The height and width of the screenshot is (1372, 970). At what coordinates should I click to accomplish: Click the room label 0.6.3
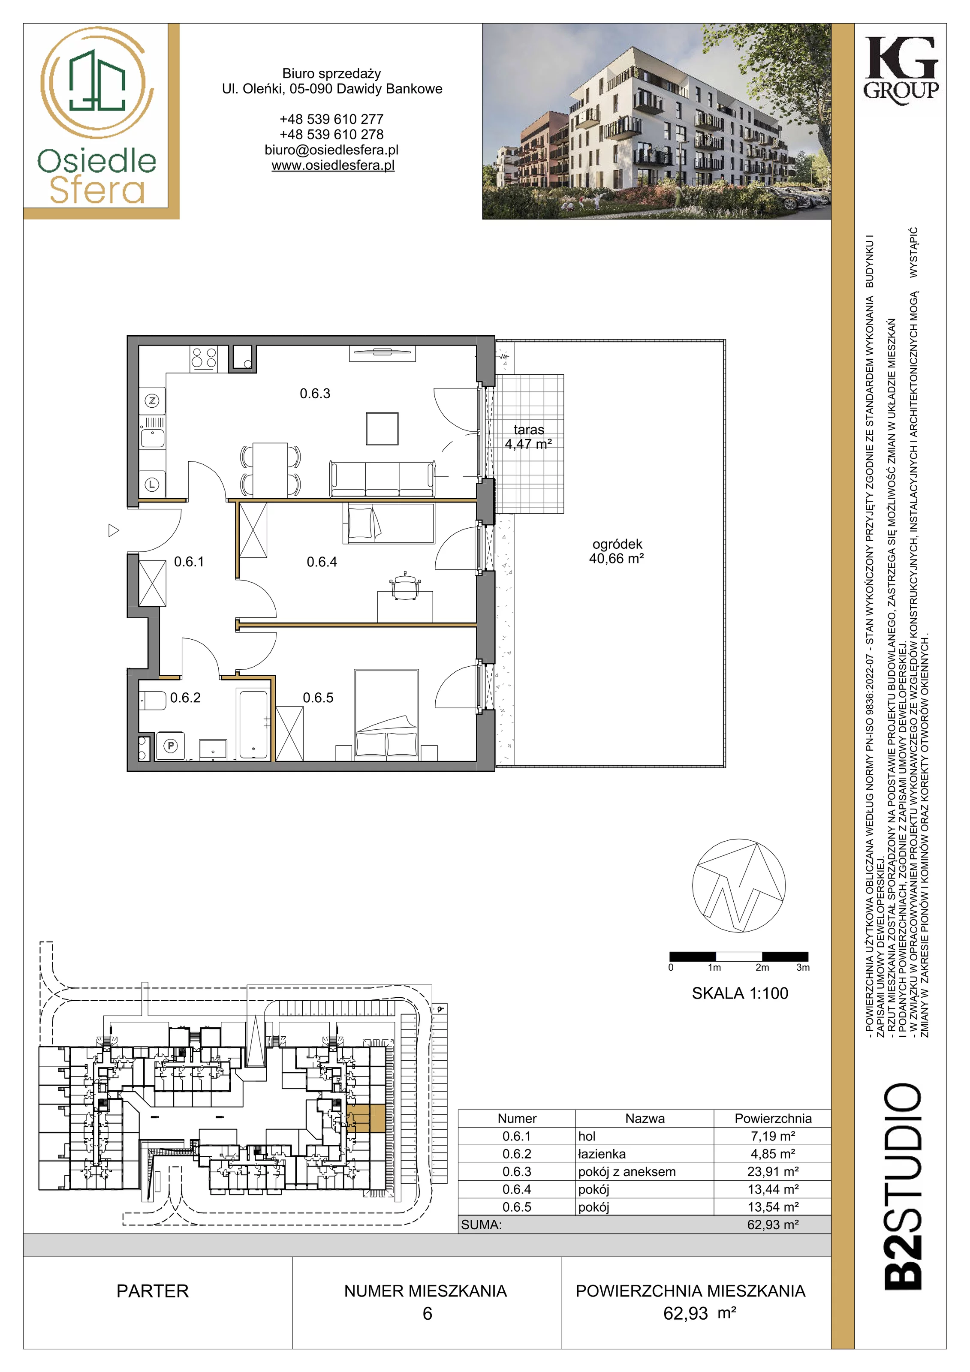[315, 393]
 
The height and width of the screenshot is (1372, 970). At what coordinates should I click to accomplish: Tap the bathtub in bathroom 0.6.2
[253, 724]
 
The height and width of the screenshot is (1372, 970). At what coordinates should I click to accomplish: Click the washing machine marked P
[171, 746]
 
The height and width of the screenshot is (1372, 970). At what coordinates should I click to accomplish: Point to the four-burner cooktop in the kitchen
[204, 358]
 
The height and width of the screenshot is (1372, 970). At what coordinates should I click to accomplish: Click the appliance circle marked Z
[152, 400]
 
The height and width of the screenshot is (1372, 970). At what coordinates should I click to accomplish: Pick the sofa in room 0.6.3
[383, 478]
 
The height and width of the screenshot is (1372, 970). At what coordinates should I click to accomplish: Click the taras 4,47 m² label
[528, 437]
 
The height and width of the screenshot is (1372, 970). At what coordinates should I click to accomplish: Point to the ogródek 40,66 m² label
[616, 551]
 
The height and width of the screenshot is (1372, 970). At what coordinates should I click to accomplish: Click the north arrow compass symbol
[739, 886]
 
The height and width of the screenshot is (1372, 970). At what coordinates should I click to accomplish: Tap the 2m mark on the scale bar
[762, 967]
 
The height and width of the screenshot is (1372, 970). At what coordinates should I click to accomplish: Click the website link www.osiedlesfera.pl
[333, 165]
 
